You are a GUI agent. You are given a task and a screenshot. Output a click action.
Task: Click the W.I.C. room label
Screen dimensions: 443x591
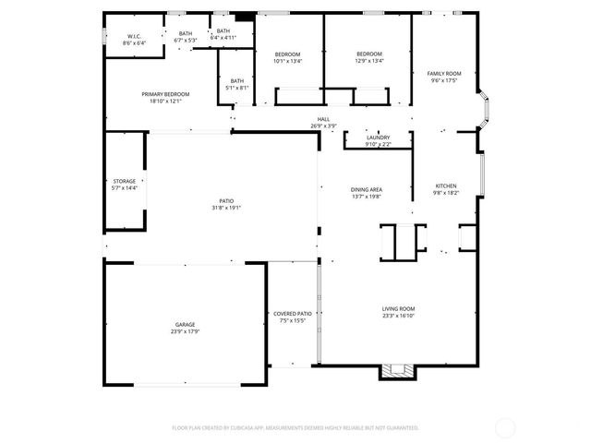134,37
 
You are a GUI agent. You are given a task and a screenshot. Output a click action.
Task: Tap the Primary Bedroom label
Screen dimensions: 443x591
166,94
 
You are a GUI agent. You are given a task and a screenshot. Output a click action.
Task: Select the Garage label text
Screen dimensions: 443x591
186,326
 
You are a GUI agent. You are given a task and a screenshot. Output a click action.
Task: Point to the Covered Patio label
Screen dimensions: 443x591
293,314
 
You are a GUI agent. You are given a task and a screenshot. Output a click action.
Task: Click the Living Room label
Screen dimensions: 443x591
399,309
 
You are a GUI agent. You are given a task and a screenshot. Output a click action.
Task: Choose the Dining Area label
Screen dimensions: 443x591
367,189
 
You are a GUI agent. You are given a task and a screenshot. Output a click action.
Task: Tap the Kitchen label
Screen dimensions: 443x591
446,186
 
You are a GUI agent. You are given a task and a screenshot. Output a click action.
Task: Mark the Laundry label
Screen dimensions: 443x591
378,138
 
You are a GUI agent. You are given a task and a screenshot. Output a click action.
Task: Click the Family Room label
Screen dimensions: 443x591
444,73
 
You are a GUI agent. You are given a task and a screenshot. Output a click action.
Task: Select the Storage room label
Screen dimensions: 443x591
124,181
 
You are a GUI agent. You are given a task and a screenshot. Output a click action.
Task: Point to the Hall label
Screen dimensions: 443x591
323,119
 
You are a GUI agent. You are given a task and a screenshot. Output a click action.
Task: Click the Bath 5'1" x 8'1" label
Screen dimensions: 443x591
237,80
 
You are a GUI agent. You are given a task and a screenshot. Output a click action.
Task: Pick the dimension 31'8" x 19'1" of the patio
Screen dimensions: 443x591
226,208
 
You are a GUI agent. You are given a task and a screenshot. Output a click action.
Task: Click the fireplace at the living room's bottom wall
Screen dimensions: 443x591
399,372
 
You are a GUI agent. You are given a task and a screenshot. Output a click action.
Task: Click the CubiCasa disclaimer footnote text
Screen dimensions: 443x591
295,427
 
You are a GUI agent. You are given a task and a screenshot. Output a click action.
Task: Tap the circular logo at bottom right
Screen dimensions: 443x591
506,427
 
